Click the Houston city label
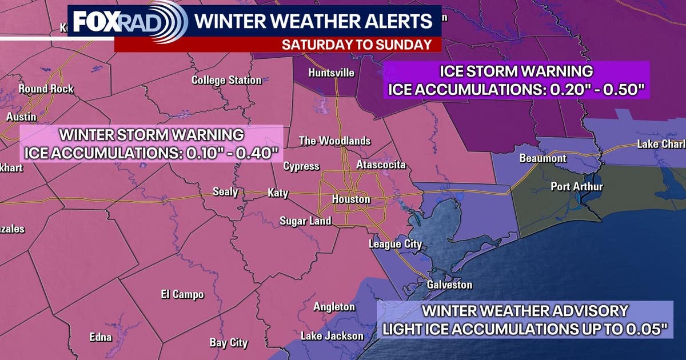point(352,199)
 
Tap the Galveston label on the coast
point(450,285)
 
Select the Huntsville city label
point(332,73)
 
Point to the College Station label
point(226,80)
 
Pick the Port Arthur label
point(577,187)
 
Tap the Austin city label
point(21,117)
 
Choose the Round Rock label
point(46,89)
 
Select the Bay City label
point(229,343)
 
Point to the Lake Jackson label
point(332,335)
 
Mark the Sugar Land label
point(305,221)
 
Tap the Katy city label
point(278,193)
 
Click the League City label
point(395,244)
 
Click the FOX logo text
point(94,22)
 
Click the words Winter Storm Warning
point(152,135)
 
